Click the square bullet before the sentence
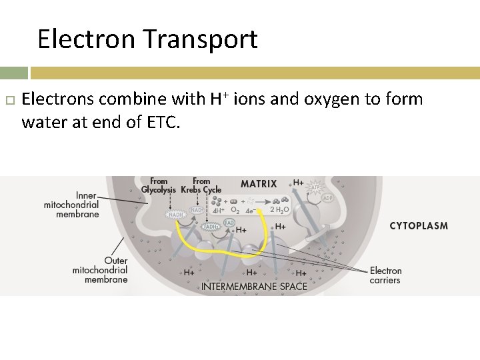point(9,100)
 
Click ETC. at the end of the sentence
point(161,123)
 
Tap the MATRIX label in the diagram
point(259,184)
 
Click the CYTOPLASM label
point(419,226)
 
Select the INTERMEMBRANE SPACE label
point(254,287)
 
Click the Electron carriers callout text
point(385,275)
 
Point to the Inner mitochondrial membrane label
point(71,205)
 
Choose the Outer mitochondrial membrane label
point(100,270)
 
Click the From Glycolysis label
point(158,185)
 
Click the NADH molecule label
point(175,215)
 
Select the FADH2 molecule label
point(211,227)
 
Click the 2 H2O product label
point(279,210)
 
